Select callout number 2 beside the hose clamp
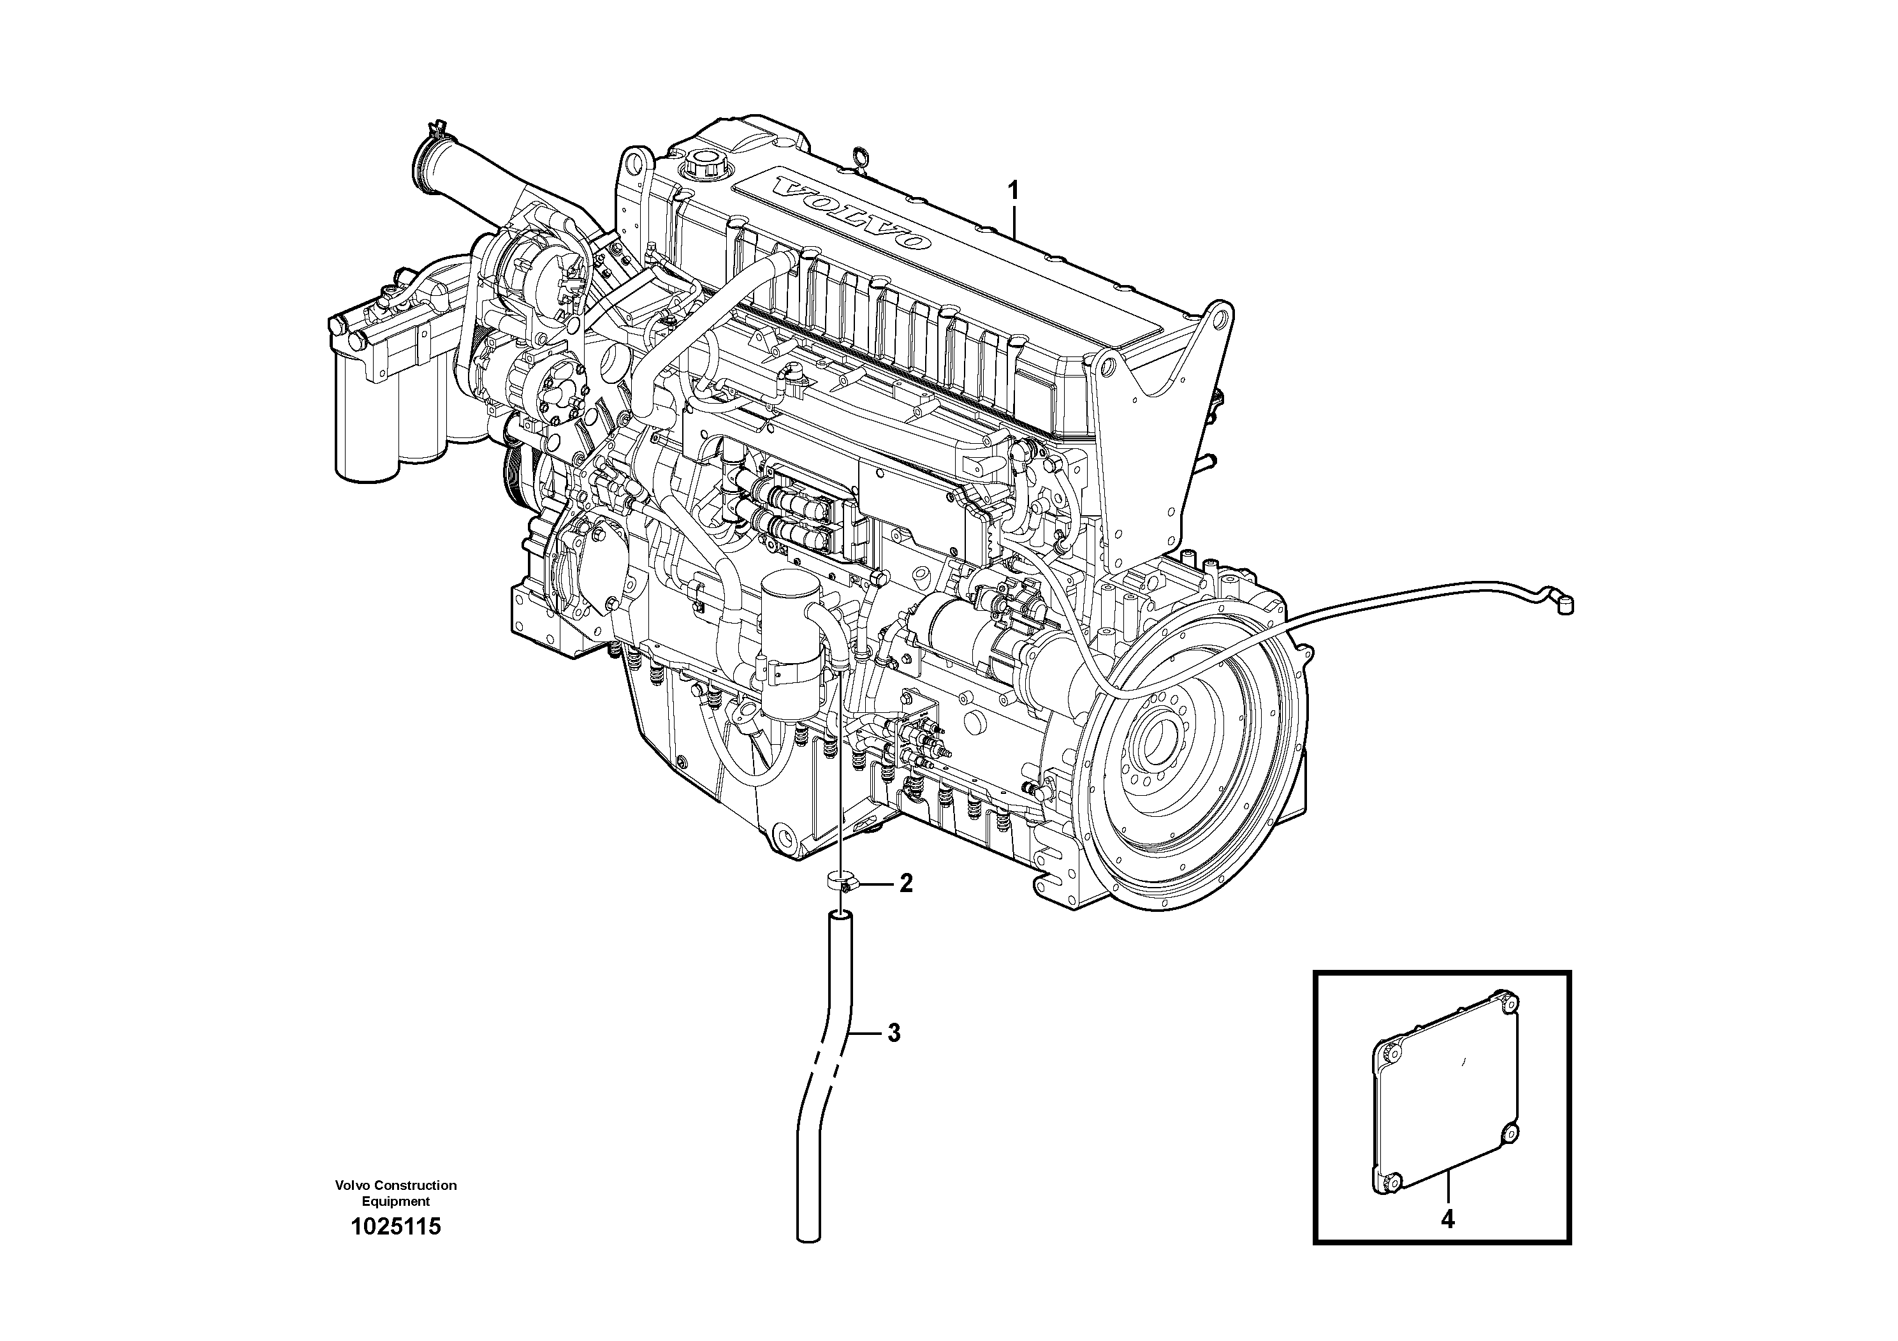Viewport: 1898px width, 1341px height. tap(906, 884)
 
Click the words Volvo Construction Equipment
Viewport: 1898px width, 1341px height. tap(396, 1193)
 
